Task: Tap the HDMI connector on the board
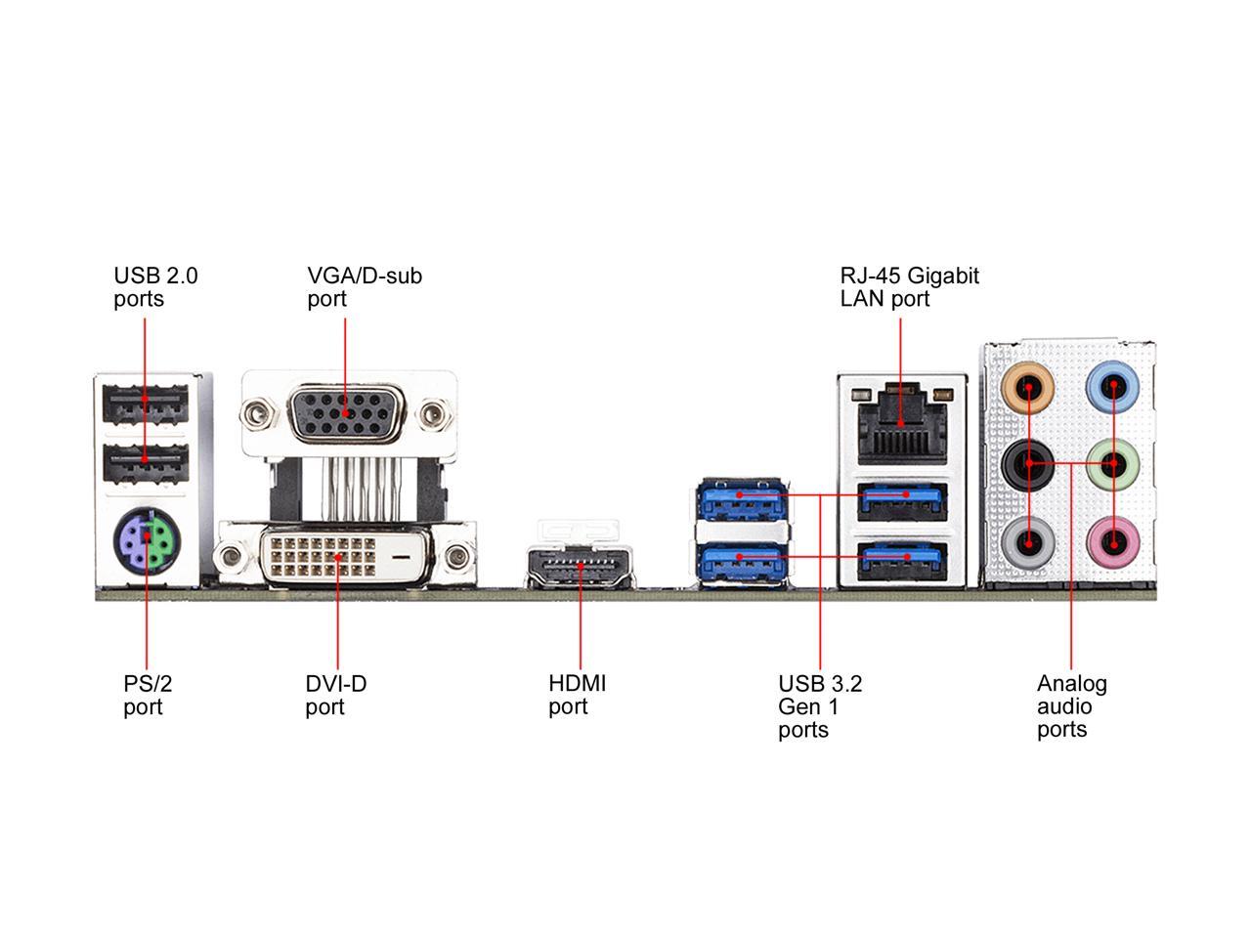pos(579,567)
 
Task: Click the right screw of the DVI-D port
pos(455,559)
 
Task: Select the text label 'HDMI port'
pos(577,695)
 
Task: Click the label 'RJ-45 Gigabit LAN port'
pos(909,287)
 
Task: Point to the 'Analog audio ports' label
pos(1071,706)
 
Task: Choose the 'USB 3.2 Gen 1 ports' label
pos(820,706)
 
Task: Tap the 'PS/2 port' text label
pos(148,695)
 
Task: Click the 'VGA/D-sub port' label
pos(365,287)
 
